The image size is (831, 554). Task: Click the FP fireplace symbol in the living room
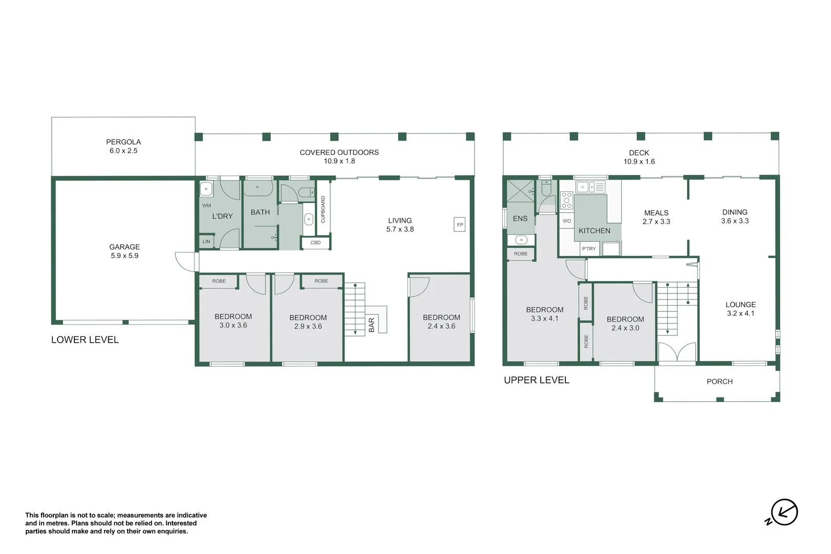pyautogui.click(x=460, y=225)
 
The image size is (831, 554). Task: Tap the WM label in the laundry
pyautogui.click(x=206, y=206)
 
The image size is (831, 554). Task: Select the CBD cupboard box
pyautogui.click(x=315, y=243)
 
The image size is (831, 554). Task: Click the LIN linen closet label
pyautogui.click(x=206, y=242)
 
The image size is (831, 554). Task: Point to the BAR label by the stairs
pyautogui.click(x=372, y=325)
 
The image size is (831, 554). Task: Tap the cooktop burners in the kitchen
pyautogui.click(x=566, y=200)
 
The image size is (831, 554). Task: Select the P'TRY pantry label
pyautogui.click(x=589, y=249)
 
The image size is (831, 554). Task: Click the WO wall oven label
pyautogui.click(x=566, y=221)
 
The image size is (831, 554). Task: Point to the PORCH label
pyautogui.click(x=719, y=382)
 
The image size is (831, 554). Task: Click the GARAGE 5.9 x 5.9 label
pyautogui.click(x=125, y=251)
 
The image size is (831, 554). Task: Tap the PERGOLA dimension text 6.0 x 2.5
pyautogui.click(x=123, y=151)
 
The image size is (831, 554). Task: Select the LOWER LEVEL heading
pyautogui.click(x=85, y=340)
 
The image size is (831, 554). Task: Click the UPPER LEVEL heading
pyautogui.click(x=536, y=380)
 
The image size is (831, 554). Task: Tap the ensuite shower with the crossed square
pyautogui.click(x=520, y=191)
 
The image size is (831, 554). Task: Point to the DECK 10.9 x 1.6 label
pyautogui.click(x=639, y=157)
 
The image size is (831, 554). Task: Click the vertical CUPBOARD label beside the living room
pyautogui.click(x=323, y=209)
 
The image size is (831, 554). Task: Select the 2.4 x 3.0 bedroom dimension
pyautogui.click(x=625, y=328)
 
